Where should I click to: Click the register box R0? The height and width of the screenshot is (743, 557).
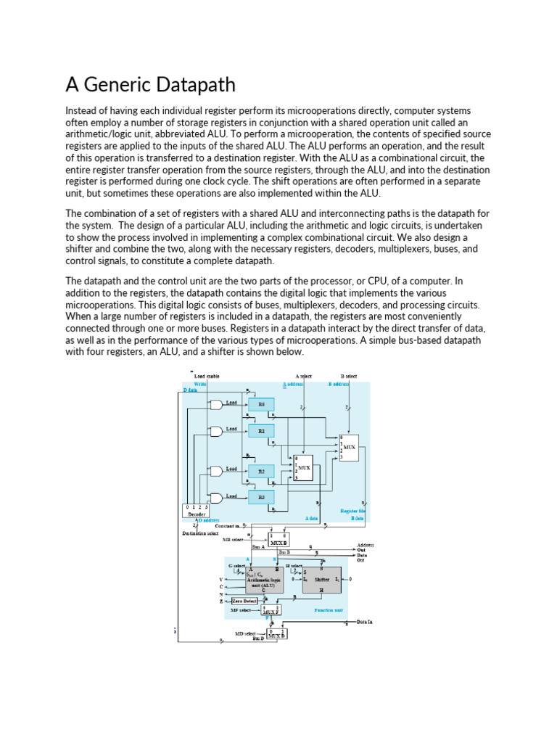[261, 404]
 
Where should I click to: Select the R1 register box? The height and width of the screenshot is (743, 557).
[261, 430]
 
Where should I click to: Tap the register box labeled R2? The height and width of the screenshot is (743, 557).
[261, 471]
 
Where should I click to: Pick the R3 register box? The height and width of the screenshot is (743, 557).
[261, 497]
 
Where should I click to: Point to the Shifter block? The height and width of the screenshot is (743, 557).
[321, 580]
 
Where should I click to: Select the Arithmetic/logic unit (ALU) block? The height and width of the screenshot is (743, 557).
[255, 580]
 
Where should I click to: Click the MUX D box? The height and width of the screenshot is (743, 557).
[276, 634]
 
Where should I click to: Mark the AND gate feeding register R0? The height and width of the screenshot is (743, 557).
[215, 404]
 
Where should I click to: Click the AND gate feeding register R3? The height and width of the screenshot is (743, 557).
[215, 497]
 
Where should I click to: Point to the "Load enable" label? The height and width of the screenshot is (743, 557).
[207, 376]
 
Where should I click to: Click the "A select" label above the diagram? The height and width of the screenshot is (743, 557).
[305, 376]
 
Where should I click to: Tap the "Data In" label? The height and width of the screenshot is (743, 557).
[364, 623]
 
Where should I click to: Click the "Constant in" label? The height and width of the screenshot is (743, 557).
[227, 525]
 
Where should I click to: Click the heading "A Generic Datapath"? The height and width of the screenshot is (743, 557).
[151, 85]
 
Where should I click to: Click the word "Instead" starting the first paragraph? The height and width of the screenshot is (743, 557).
[81, 111]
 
